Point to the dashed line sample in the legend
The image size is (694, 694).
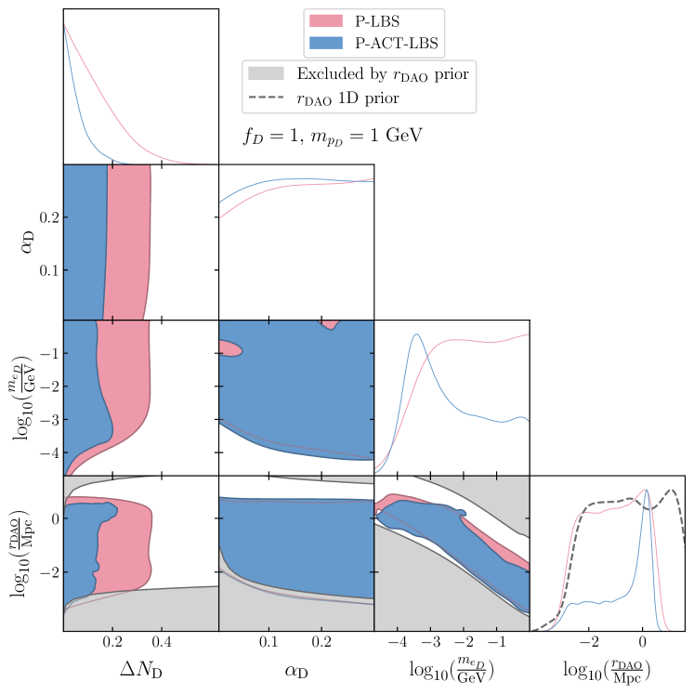265,97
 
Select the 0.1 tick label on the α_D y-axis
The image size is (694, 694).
44,270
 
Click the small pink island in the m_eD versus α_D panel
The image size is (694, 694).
229,348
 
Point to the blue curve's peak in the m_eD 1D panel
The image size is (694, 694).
417,334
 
